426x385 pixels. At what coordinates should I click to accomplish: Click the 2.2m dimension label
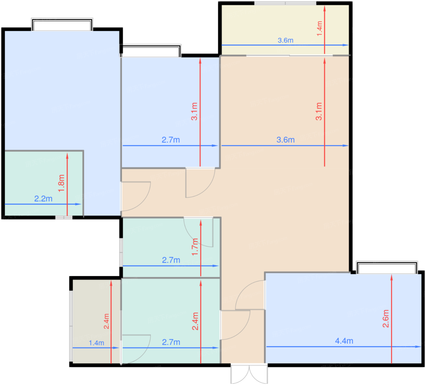(x=43, y=199)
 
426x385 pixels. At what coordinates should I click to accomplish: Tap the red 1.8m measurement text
(x=61, y=183)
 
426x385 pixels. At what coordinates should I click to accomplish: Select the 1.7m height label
(x=195, y=247)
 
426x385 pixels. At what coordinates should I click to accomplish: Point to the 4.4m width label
(x=344, y=341)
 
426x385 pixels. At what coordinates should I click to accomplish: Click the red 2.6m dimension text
(x=386, y=319)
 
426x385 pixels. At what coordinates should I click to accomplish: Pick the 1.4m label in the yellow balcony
(x=319, y=29)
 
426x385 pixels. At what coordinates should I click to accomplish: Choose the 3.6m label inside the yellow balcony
(x=285, y=40)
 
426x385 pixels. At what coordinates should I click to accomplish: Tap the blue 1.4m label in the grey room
(x=96, y=343)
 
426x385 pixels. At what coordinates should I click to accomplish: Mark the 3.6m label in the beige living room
(x=285, y=140)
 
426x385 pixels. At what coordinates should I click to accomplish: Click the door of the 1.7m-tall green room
(x=199, y=232)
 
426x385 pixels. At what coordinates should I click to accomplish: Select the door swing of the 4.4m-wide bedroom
(x=250, y=295)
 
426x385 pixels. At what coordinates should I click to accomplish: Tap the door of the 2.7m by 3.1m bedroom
(x=200, y=183)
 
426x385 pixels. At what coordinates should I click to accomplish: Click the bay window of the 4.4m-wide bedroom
(x=387, y=268)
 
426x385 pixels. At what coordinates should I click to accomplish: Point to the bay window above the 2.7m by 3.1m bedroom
(x=151, y=51)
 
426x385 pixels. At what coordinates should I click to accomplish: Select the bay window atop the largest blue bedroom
(x=62, y=24)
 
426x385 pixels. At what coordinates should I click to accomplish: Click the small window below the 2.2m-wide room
(x=64, y=217)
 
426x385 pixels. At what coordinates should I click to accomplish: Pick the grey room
(x=97, y=321)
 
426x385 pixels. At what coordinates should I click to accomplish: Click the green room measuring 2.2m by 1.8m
(x=44, y=183)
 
